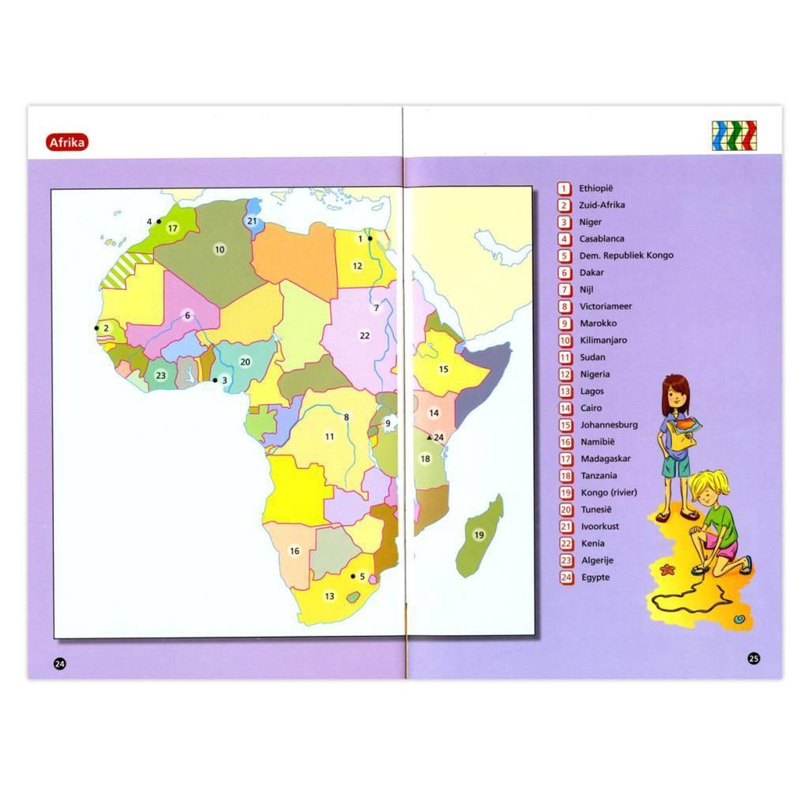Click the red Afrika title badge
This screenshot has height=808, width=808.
click(x=67, y=142)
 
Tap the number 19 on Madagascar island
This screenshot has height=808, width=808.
click(x=479, y=535)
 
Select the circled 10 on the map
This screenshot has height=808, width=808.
click(x=220, y=250)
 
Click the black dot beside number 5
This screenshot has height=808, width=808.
click(x=353, y=576)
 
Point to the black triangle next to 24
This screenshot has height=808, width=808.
click(x=430, y=437)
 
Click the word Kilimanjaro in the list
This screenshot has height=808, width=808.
click(x=603, y=340)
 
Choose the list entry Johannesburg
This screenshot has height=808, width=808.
click(x=609, y=425)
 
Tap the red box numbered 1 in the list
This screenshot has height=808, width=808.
click(x=564, y=189)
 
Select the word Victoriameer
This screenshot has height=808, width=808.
click(x=605, y=306)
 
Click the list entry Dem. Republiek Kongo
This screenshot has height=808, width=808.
click(x=626, y=255)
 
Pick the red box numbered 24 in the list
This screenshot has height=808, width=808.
click(x=566, y=577)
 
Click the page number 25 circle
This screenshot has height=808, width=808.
click(x=753, y=659)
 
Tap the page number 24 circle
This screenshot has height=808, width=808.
click(x=60, y=664)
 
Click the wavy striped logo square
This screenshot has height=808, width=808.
click(x=734, y=135)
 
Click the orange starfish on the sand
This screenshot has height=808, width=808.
click(x=668, y=570)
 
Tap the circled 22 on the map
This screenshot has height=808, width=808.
click(x=365, y=335)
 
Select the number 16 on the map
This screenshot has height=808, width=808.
click(x=294, y=551)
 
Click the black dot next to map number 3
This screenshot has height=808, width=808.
click(x=215, y=380)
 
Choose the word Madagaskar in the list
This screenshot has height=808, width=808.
click(x=605, y=459)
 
